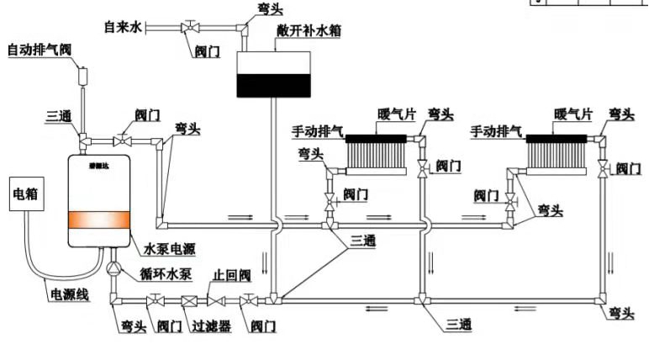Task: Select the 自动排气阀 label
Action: (40, 50)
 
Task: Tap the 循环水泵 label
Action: (163, 271)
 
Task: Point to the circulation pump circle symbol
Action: (113, 268)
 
